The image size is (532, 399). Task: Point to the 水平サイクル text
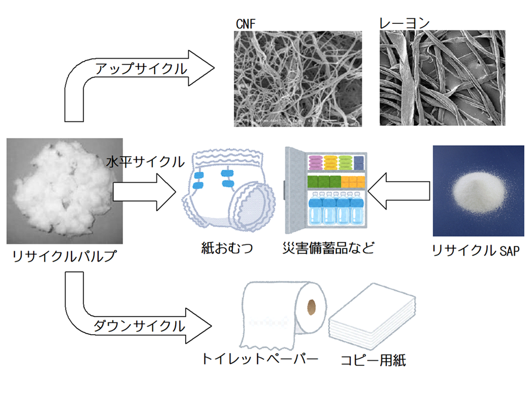click(145, 162)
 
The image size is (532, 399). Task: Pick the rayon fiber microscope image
click(442, 78)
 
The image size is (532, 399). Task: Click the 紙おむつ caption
click(227, 248)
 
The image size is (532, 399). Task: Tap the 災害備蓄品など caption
click(328, 248)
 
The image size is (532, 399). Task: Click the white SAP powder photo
click(478, 191)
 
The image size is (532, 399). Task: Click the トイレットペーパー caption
click(260, 359)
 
